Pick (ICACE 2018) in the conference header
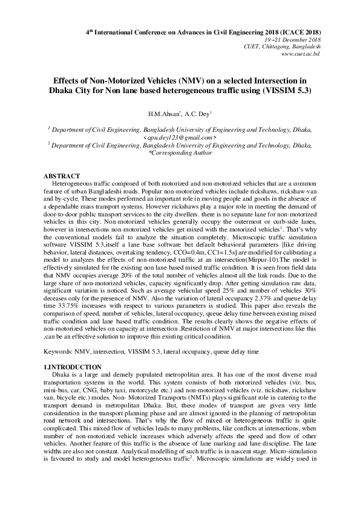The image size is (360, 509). (x=293, y=31)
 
